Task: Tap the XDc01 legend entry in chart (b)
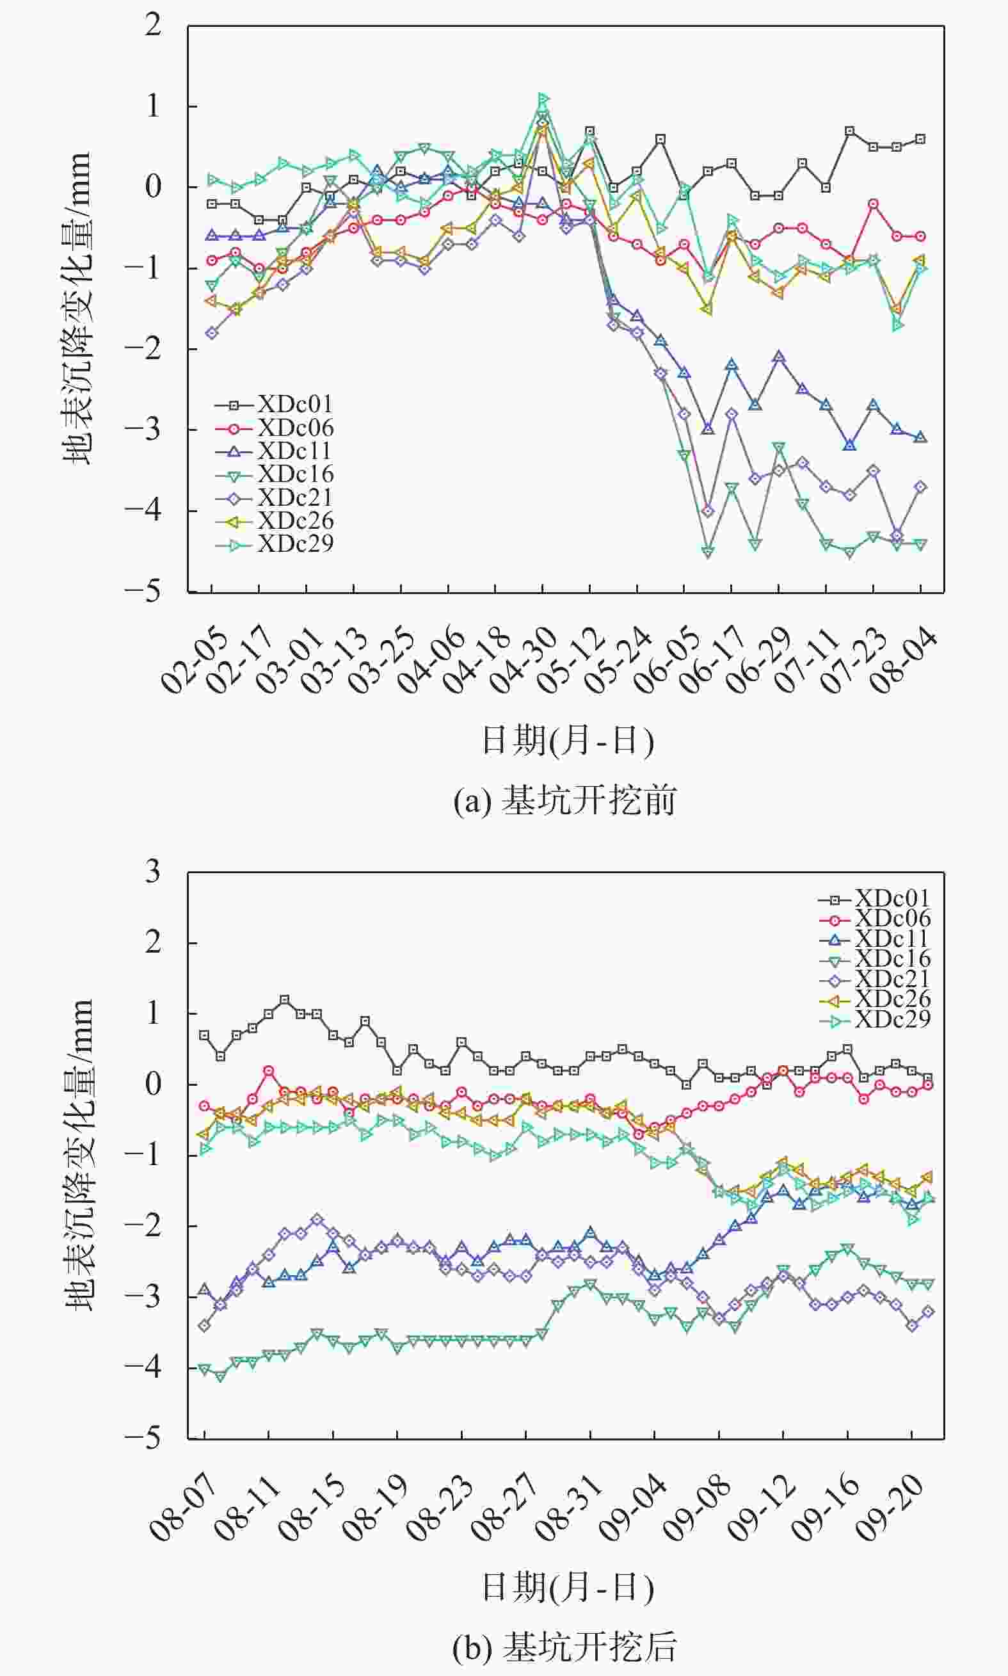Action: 891,899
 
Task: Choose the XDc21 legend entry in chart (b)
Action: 891,979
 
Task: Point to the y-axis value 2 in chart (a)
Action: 153,26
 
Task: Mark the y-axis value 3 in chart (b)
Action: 153,873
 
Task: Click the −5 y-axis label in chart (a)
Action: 143,592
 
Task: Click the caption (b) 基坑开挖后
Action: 565,1647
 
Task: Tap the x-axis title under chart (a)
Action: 567,741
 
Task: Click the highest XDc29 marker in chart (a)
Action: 543,99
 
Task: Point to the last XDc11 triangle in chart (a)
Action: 920,437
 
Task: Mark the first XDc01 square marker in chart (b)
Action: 204,1035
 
